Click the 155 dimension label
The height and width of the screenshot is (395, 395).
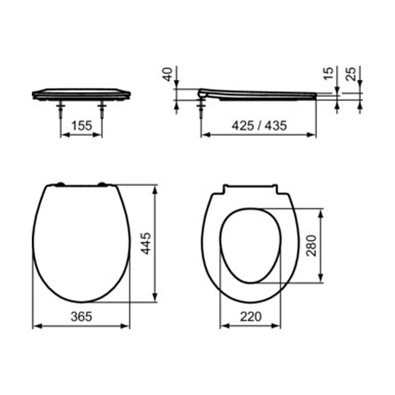coord(81,125)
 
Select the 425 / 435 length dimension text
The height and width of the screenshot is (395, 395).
coord(259,125)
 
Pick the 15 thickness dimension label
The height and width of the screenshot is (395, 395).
coord(328,73)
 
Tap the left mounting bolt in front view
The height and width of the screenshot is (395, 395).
coord(61,110)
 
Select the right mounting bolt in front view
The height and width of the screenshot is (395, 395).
coord(102,110)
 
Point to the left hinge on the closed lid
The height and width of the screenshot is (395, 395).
coord(60,185)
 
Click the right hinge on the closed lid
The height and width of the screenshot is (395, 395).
coord(103,185)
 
